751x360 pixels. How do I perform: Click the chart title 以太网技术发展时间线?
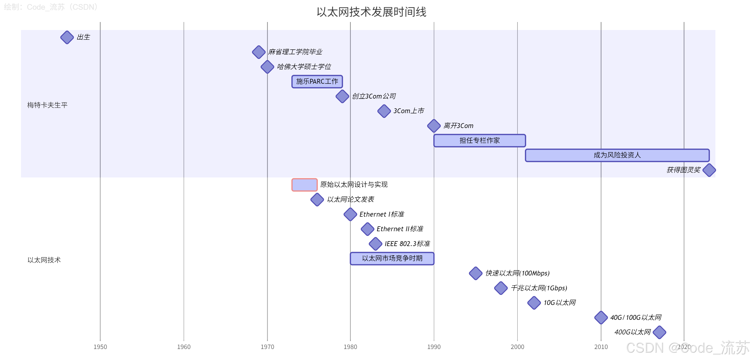tap(372, 12)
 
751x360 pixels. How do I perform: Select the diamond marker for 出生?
tap(67, 37)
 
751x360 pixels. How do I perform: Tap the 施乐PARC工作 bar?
tap(317, 82)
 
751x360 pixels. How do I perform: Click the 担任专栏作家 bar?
tap(479, 141)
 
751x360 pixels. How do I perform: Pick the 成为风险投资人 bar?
tap(617, 155)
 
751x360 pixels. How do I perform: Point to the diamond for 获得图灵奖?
tap(709, 170)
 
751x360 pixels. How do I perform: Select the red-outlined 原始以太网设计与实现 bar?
tap(304, 185)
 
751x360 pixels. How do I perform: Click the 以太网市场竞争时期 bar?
tap(392, 259)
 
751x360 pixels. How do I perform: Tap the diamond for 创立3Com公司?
tap(342, 96)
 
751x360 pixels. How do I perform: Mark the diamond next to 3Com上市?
tap(384, 111)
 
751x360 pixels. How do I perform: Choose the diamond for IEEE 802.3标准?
tap(375, 244)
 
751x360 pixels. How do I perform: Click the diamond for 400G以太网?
tap(659, 332)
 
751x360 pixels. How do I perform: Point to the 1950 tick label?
tap(100, 347)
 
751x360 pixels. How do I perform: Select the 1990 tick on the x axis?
tap(434, 347)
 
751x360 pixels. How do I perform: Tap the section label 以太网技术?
tap(44, 260)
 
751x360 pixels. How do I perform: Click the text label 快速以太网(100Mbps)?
tap(517, 273)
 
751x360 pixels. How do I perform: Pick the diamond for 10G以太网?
tap(534, 303)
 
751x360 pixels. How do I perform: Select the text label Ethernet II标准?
tap(400, 229)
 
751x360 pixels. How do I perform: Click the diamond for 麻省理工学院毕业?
tap(259, 52)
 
